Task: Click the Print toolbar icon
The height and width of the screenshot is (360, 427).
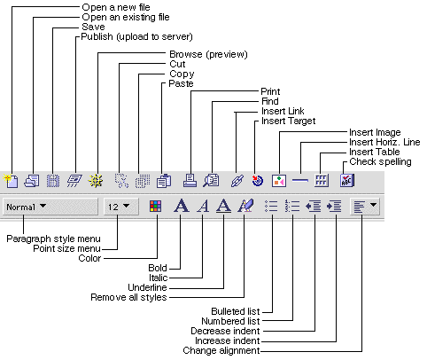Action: click(x=190, y=180)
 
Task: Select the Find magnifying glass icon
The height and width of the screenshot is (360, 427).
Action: click(x=211, y=180)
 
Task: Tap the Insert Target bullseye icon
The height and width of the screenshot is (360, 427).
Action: click(x=258, y=180)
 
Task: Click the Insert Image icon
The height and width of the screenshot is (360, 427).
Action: click(x=279, y=180)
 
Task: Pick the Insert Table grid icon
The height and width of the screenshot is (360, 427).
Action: click(x=322, y=180)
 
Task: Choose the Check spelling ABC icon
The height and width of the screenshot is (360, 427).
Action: click(x=346, y=180)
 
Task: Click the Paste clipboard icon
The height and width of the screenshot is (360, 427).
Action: click(x=164, y=180)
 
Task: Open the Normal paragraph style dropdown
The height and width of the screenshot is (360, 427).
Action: click(x=50, y=207)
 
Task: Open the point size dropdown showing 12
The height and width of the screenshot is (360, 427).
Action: click(x=121, y=207)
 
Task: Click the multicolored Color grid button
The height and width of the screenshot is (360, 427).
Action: click(x=155, y=206)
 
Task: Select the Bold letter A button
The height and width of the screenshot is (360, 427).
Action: click(x=181, y=206)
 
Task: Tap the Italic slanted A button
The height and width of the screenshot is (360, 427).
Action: click(x=203, y=206)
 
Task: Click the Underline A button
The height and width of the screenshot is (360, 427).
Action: click(x=223, y=206)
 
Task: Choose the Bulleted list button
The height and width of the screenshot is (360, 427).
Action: click(x=271, y=206)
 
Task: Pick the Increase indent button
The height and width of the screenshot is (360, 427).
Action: click(x=334, y=206)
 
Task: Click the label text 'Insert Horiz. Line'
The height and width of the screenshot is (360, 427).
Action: click(x=384, y=142)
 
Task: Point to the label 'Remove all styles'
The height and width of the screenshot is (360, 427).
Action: click(x=128, y=297)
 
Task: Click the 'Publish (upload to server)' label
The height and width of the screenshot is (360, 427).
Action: click(x=136, y=36)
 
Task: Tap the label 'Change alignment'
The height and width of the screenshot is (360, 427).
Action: click(x=221, y=350)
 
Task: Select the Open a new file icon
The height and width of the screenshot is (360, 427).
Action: click(x=11, y=180)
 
